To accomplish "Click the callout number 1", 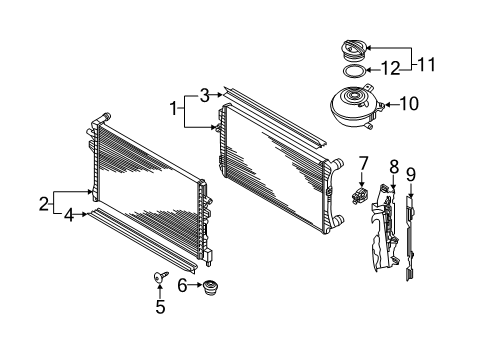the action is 174,108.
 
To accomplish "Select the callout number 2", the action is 44,204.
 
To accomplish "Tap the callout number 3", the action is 205,95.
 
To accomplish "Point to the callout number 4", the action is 69,215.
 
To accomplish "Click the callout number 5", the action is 160,307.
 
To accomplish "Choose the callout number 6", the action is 182,285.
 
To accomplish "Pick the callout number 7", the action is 363,164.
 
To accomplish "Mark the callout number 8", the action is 394,167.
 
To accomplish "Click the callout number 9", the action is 411,175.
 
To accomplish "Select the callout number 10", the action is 409,104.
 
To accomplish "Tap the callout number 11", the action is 426,65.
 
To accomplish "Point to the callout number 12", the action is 390,68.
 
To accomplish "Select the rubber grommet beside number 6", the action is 210,288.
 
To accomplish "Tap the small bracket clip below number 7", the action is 360,195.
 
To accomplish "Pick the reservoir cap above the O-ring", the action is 354,51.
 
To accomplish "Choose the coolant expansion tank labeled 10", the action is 356,106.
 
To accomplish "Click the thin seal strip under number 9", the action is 410,238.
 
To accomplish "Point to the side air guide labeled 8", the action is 384,228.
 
